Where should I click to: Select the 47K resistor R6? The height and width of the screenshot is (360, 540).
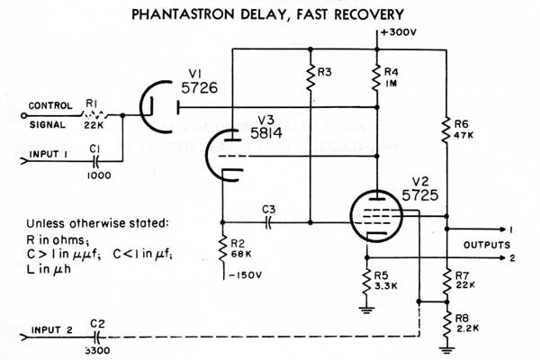click(x=446, y=131)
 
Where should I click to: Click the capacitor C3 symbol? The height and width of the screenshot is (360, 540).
click(x=267, y=221)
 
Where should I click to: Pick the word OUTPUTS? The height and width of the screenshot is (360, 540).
click(x=487, y=244)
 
